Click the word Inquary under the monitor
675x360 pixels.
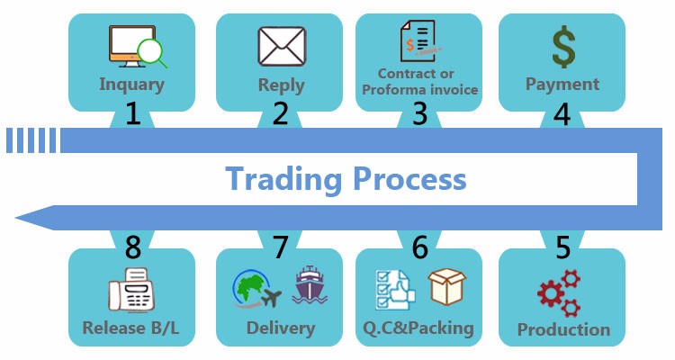[131, 85]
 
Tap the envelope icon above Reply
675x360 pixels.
[282, 46]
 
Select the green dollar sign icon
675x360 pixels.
[563, 47]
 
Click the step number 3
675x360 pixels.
[419, 113]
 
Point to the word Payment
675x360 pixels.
[562, 84]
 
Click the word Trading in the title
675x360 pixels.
[283, 179]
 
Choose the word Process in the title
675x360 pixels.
[409, 178]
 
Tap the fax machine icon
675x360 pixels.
[131, 290]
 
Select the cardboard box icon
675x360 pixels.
[446, 286]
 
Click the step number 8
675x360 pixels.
[133, 247]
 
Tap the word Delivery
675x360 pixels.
[281, 328]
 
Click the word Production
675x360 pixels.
[563, 330]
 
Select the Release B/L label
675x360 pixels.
[130, 328]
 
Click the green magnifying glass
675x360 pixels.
[152, 53]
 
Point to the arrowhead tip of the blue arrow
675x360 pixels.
[16, 218]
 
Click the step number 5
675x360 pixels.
[562, 247]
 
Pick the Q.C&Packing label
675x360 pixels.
[418, 328]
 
